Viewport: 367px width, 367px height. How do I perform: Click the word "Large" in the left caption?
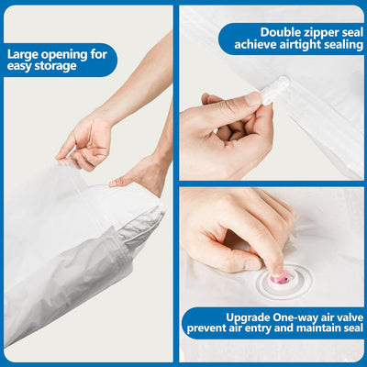tap(22, 55)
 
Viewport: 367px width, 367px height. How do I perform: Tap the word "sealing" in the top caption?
tap(343, 45)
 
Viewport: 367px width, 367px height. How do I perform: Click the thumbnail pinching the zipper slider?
tap(253, 99)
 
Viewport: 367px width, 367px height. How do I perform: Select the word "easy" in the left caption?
tap(19, 67)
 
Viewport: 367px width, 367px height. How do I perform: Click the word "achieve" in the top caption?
tap(256, 45)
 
